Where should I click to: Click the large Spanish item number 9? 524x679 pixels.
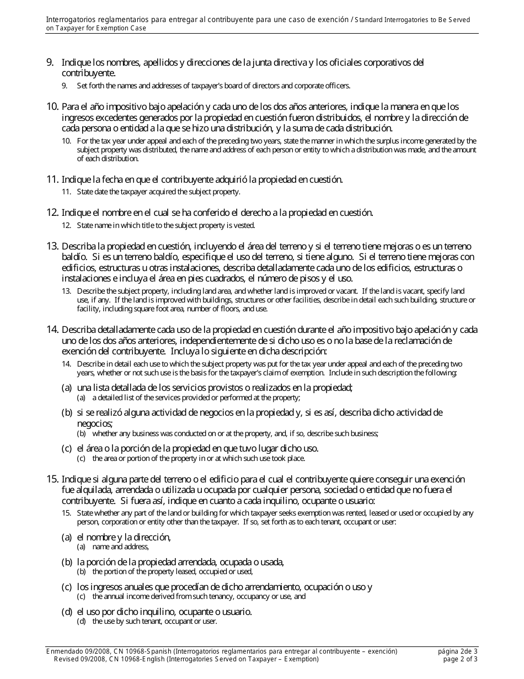[x=50, y=62]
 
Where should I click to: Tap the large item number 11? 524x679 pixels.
[x=52, y=179]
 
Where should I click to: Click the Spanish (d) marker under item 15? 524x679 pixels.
[x=67, y=612]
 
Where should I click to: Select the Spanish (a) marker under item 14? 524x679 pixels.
[x=67, y=388]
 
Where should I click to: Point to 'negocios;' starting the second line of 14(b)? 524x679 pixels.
[x=94, y=423]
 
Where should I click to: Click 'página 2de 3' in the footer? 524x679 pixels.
[x=458, y=651]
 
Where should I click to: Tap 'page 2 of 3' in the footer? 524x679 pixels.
[x=458, y=659]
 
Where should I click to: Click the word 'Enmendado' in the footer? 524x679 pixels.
[x=64, y=651]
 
